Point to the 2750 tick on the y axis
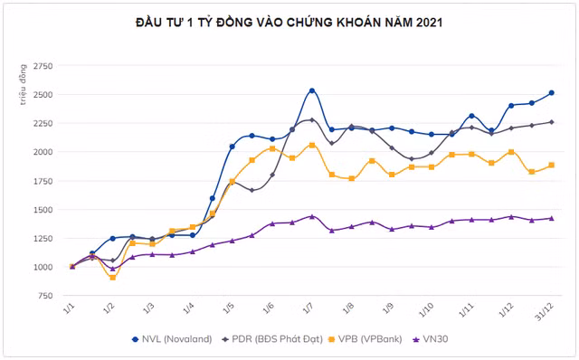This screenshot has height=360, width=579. coord(43,66)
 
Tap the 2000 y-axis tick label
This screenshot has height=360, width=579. coord(43,152)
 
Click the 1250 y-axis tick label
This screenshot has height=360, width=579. coord(43,239)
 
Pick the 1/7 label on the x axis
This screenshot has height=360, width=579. coord(308,308)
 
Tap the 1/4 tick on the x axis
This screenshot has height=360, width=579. coord(189,308)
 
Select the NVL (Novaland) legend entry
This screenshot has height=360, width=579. coord(174,339)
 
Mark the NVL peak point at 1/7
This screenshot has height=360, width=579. coord(312,90)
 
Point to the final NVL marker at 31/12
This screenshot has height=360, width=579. coord(551,93)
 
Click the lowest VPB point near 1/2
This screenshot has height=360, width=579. coord(113,277)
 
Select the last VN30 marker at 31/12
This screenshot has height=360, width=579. coord(551,218)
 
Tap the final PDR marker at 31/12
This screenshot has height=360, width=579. coord(551,122)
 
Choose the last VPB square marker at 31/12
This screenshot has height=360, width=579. coord(551,165)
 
